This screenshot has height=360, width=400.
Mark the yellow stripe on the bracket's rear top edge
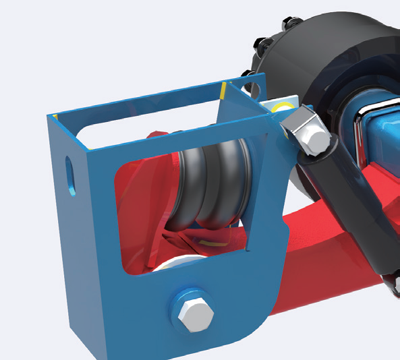(223, 90)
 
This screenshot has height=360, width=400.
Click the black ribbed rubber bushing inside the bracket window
(209, 189)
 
